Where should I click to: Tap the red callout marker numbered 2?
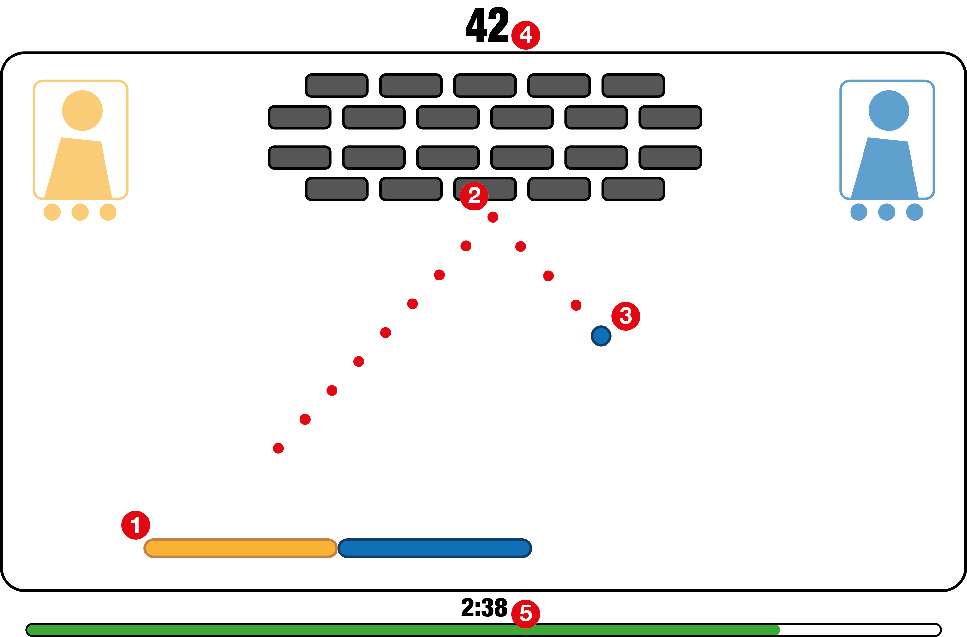[474, 196]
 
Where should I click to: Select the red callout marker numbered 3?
[626, 316]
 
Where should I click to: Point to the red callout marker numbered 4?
[526, 35]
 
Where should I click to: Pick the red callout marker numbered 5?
[526, 613]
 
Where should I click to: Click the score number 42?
[487, 25]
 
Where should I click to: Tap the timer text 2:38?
[484, 608]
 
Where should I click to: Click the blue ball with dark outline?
[601, 336]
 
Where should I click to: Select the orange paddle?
[240, 548]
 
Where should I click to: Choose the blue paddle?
[435, 548]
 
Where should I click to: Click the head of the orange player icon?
[82, 111]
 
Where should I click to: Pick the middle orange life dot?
[80, 212]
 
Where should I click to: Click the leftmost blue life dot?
[859, 212]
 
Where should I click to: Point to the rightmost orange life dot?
[108, 212]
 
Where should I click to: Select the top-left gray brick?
[337, 86]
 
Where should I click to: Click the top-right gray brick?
[633, 86]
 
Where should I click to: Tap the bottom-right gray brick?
[633, 189]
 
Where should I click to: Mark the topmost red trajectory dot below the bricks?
[493, 217]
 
